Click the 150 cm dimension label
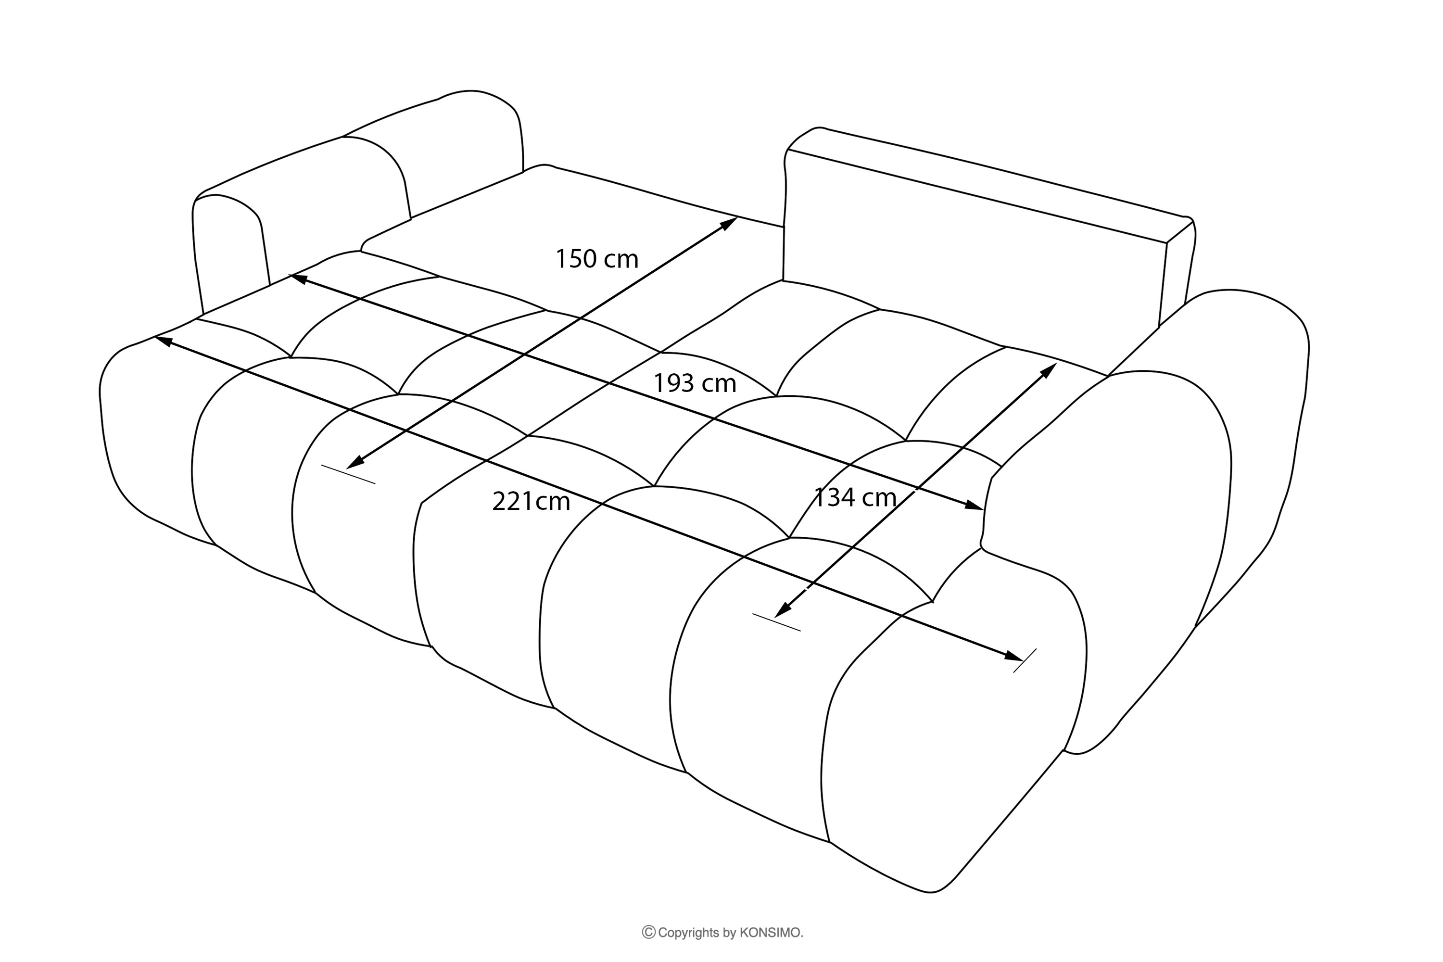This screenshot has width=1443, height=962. point(596,259)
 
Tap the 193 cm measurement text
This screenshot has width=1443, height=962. point(694,383)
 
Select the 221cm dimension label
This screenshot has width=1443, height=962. point(531,501)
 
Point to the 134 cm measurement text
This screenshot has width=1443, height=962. point(855,497)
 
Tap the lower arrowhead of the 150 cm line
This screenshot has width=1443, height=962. point(354,464)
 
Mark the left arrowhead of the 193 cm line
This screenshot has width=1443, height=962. point(298,279)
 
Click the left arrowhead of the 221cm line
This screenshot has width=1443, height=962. point(163,339)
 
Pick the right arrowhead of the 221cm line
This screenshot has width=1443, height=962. point(1013,657)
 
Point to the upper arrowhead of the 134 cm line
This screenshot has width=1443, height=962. point(1049,370)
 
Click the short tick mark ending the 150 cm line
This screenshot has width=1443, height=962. point(348,474)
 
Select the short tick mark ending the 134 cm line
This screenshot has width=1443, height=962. point(776,622)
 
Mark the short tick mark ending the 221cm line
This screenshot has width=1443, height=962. point(1025,660)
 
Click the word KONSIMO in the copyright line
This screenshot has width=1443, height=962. point(771,933)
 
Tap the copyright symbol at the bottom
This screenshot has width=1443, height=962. point(648,933)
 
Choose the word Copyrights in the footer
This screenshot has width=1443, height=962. point(688,933)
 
